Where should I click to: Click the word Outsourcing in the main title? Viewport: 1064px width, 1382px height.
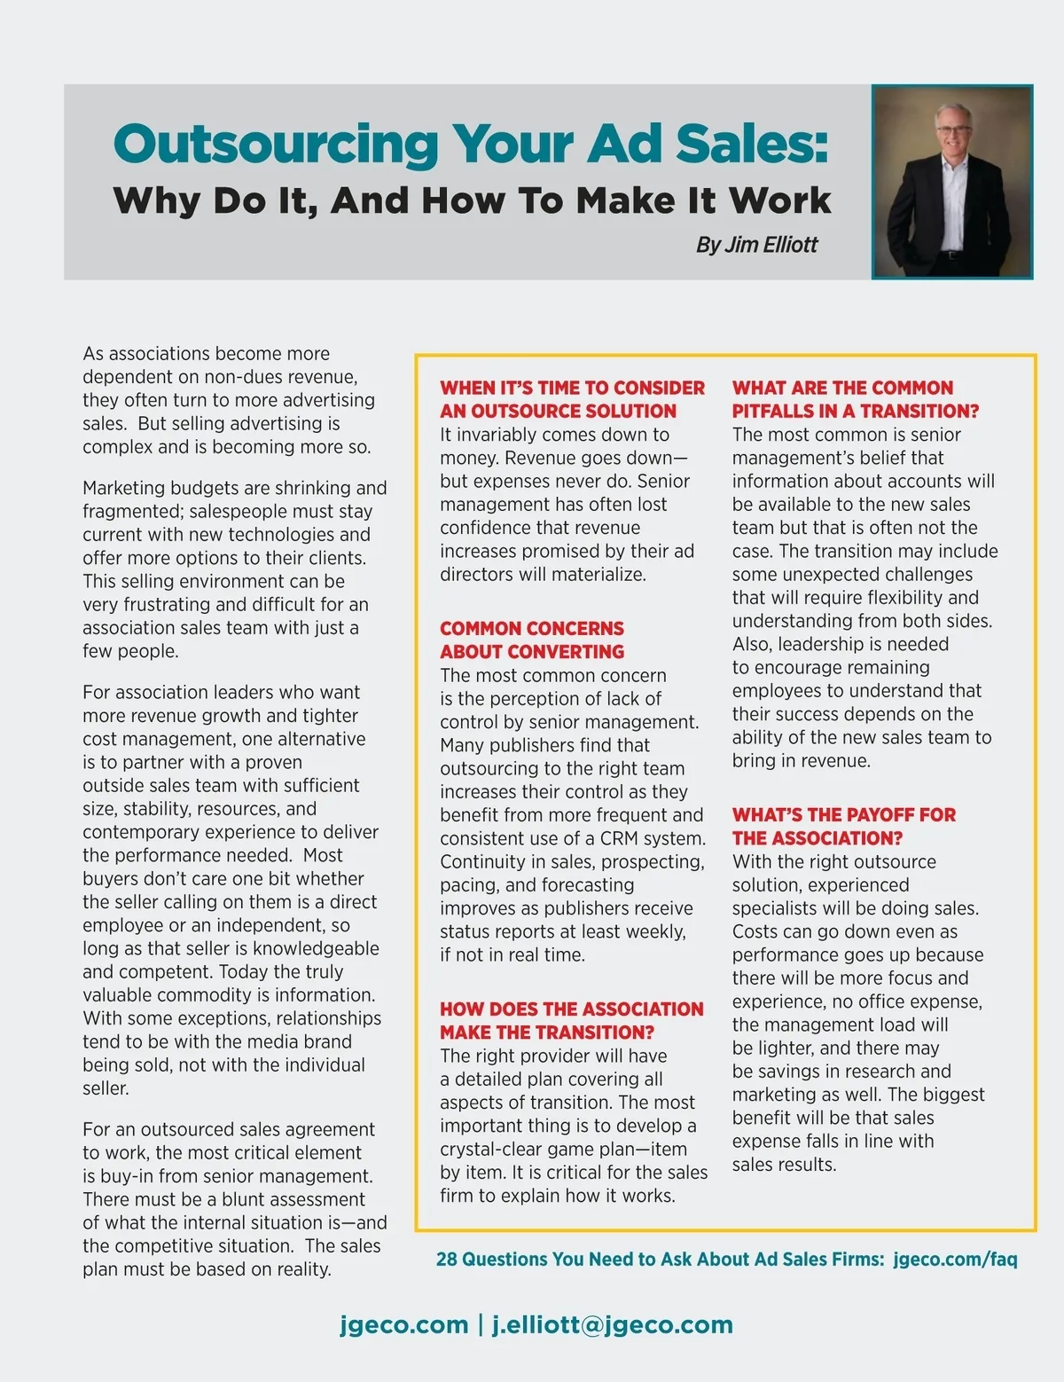275,144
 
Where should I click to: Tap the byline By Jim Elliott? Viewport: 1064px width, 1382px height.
756,245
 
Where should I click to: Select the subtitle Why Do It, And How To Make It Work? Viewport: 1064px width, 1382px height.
472,200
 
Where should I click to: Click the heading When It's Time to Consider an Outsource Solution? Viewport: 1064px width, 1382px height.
572,399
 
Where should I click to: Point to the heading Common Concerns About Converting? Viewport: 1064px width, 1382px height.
532,640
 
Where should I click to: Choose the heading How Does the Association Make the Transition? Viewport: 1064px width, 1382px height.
572,1020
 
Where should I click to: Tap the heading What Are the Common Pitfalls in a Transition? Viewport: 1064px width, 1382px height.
855,399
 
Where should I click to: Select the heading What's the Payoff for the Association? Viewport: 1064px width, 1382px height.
843,826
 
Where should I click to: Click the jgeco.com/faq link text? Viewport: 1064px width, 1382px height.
955,1259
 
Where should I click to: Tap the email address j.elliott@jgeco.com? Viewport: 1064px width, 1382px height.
613,1324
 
